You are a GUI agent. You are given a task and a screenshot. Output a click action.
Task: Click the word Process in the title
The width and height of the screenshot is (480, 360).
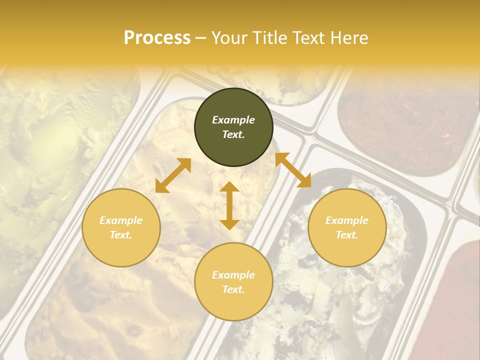[x=157, y=38]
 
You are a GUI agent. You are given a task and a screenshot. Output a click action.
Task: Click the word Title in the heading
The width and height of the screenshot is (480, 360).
[x=268, y=38]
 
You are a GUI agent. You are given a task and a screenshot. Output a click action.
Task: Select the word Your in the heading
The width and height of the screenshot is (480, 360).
[x=229, y=38]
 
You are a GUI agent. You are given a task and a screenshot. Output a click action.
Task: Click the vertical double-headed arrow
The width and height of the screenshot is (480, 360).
[x=229, y=205]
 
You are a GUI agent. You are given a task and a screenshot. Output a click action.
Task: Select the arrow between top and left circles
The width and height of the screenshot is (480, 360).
[x=173, y=175]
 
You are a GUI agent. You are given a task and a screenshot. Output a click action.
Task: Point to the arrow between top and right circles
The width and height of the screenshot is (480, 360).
[x=293, y=170]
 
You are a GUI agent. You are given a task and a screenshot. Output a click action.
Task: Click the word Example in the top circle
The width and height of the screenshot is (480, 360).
[x=233, y=120]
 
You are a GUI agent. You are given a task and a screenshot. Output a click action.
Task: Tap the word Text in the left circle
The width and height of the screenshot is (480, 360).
[x=121, y=235]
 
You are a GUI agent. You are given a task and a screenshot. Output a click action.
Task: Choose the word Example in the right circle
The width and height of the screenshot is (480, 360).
[x=347, y=220]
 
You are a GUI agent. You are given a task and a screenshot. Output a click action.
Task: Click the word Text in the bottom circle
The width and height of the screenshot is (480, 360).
[x=233, y=289]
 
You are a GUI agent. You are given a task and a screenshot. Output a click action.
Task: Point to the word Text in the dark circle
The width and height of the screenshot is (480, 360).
[x=233, y=134]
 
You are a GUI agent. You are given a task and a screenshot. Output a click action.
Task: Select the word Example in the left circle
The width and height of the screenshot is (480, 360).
[x=121, y=220]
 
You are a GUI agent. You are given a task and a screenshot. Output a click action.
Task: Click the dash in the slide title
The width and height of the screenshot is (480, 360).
[x=200, y=38]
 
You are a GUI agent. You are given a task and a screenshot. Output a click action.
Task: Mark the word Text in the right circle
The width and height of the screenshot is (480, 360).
[x=347, y=235]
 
